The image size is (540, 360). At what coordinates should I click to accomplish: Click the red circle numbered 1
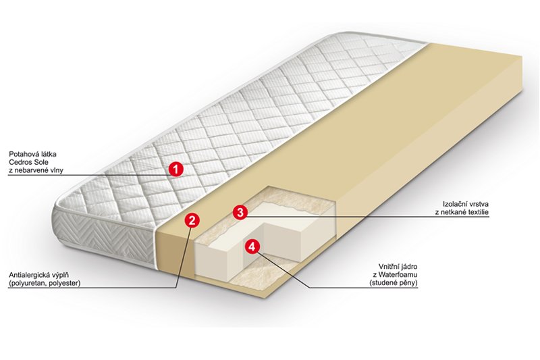[175, 169]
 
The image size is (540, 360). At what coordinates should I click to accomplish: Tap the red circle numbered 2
[192, 220]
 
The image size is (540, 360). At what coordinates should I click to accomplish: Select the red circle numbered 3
[240, 212]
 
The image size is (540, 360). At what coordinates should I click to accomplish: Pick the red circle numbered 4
[252, 247]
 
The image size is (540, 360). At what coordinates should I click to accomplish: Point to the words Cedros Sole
[28, 162]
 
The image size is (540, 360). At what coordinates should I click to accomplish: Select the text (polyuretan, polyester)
[45, 283]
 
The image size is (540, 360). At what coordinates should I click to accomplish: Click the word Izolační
[454, 204]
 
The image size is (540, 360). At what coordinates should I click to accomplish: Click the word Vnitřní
[389, 267]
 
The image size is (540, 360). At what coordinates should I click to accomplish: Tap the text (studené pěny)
[394, 283]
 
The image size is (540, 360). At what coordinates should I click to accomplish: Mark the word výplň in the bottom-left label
[59, 276]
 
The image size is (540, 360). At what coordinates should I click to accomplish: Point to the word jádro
[409, 267]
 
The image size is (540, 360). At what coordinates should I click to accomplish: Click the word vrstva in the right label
[478, 204]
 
